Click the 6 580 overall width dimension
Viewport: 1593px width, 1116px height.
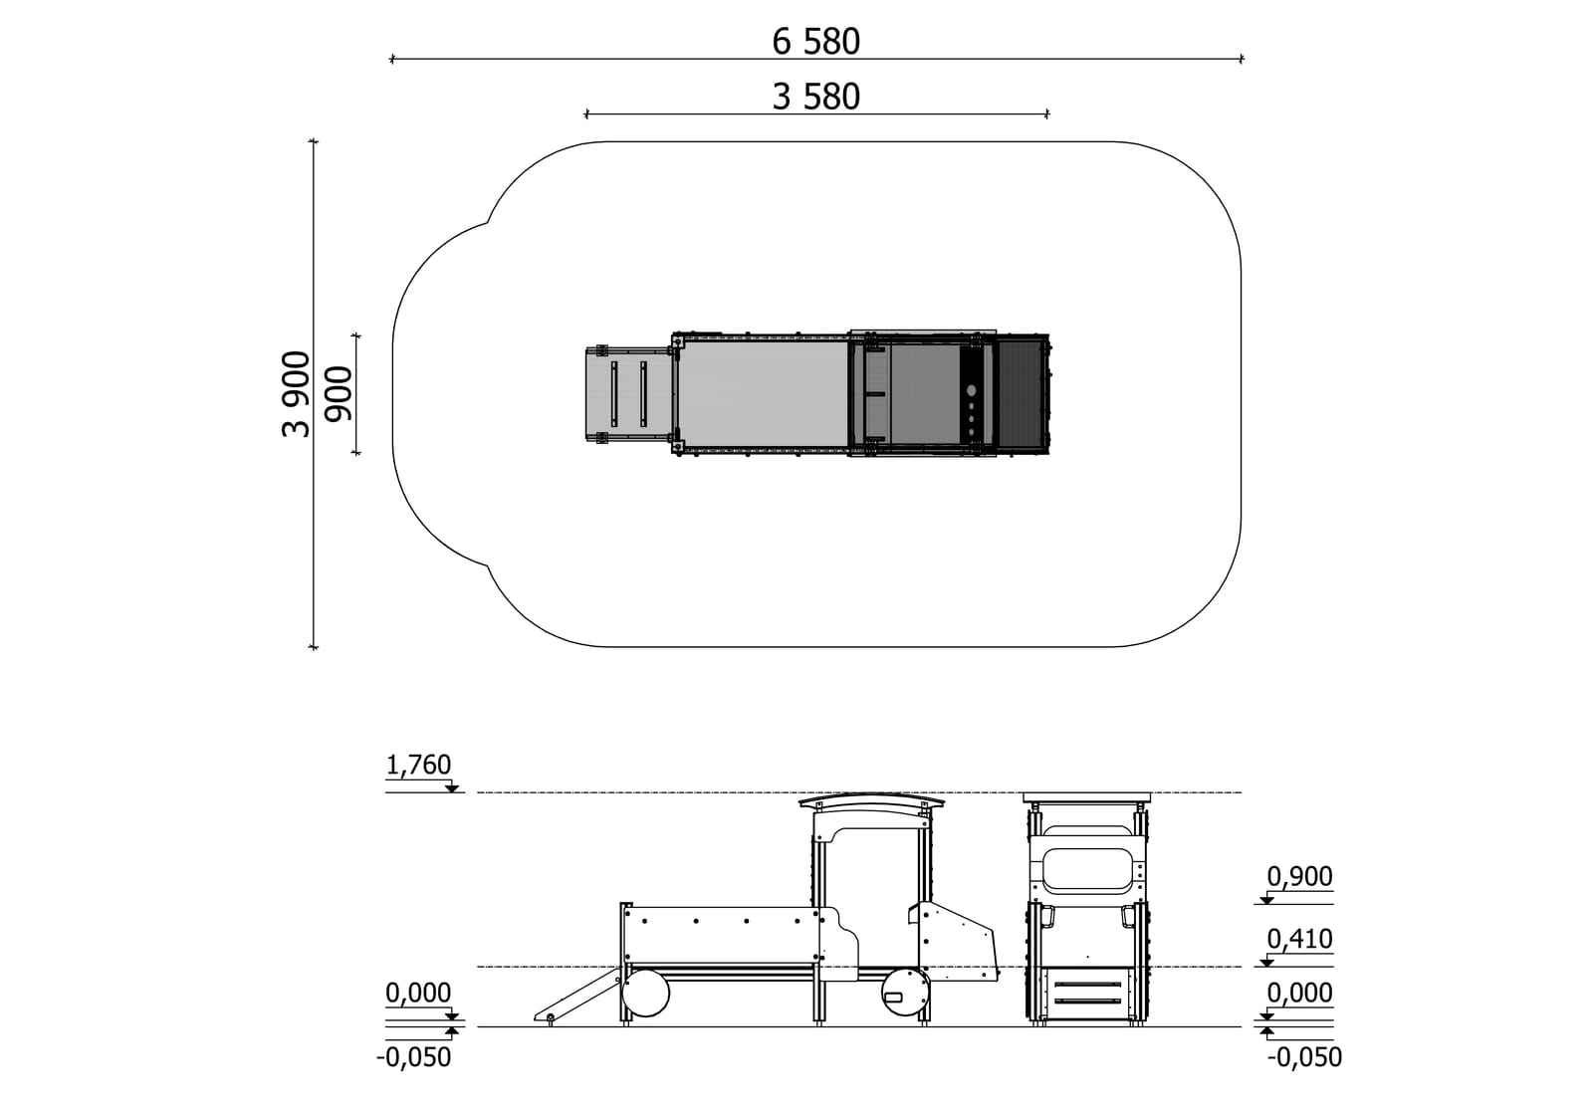(815, 42)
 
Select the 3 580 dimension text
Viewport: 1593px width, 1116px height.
(815, 97)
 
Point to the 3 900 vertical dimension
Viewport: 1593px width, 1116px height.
(297, 393)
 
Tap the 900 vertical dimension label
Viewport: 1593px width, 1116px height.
(339, 393)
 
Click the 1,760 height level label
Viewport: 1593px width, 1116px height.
(418, 765)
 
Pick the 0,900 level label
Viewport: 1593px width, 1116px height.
(1299, 876)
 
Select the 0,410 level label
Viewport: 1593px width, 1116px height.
(1299, 939)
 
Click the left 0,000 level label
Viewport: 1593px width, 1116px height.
(418, 993)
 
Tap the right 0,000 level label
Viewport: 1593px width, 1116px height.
(1299, 993)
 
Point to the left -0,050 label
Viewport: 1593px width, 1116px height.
(413, 1057)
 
